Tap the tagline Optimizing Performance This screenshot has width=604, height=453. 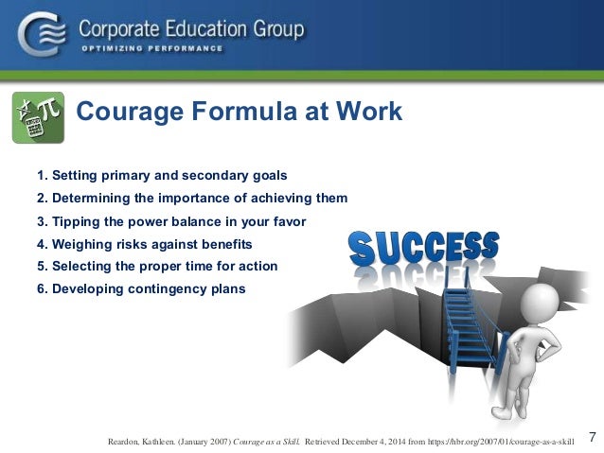pos(151,49)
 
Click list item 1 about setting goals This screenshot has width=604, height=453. pos(162,176)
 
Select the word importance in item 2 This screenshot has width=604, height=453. pos(179,199)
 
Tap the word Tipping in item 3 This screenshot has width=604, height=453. pos(77,221)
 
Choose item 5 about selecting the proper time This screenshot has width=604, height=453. pos(157,267)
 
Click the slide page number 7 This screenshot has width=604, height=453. pos(592,436)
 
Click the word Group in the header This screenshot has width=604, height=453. pos(274,28)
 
